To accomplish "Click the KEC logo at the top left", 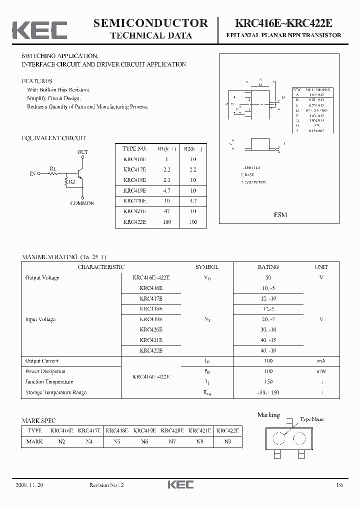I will tap(39, 29).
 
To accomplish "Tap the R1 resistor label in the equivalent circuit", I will tap(53, 168).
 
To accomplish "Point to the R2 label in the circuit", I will tap(72, 182).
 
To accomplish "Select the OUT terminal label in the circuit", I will tap(83, 151).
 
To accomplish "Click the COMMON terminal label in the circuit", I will tap(82, 203).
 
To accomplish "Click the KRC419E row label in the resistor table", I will tap(134, 190).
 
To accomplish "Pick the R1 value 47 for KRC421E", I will tap(165, 211).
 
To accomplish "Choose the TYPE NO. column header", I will tap(134, 148).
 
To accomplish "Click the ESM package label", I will tap(280, 214).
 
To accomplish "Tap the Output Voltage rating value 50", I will tap(268, 277).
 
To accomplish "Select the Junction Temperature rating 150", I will tap(268, 382).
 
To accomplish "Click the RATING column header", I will tap(268, 267).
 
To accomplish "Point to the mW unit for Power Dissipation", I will tap(321, 371).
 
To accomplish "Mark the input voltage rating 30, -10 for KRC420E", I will tap(268, 329).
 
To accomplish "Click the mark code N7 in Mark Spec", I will tap(172, 441).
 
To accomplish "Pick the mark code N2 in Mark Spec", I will tap(62, 441).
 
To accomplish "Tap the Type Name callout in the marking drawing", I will tap(312, 419).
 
